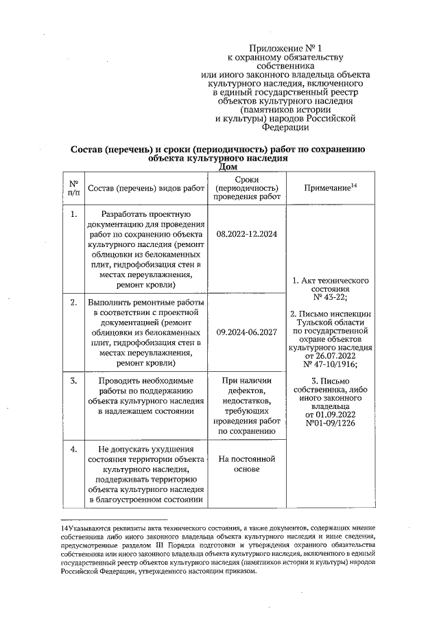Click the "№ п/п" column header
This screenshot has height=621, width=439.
tap(73, 187)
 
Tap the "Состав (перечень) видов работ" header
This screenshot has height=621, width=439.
tap(147, 188)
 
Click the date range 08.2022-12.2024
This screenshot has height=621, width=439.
tap(246, 235)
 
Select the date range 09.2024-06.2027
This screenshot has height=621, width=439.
tap(246, 332)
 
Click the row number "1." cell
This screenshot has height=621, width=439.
tap(73, 215)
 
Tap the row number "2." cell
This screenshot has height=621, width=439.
tap(73, 302)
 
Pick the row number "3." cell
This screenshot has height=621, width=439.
tap(73, 379)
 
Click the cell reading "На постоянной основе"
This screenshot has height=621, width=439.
tap(246, 464)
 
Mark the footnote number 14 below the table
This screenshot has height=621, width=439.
tap(63, 528)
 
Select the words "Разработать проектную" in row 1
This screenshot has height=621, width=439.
tap(147, 215)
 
